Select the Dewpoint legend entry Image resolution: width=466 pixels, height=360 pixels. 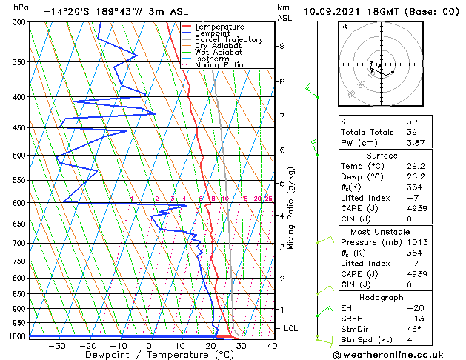tap(212, 33)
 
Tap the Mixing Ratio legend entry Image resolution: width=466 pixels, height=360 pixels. tap(219, 65)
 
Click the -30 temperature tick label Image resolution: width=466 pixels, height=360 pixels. tap(57, 345)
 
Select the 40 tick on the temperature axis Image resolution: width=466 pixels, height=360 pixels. tap(272, 345)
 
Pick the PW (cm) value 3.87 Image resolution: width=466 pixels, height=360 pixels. tap(414, 143)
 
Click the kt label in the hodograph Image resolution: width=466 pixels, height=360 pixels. tap(344, 26)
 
